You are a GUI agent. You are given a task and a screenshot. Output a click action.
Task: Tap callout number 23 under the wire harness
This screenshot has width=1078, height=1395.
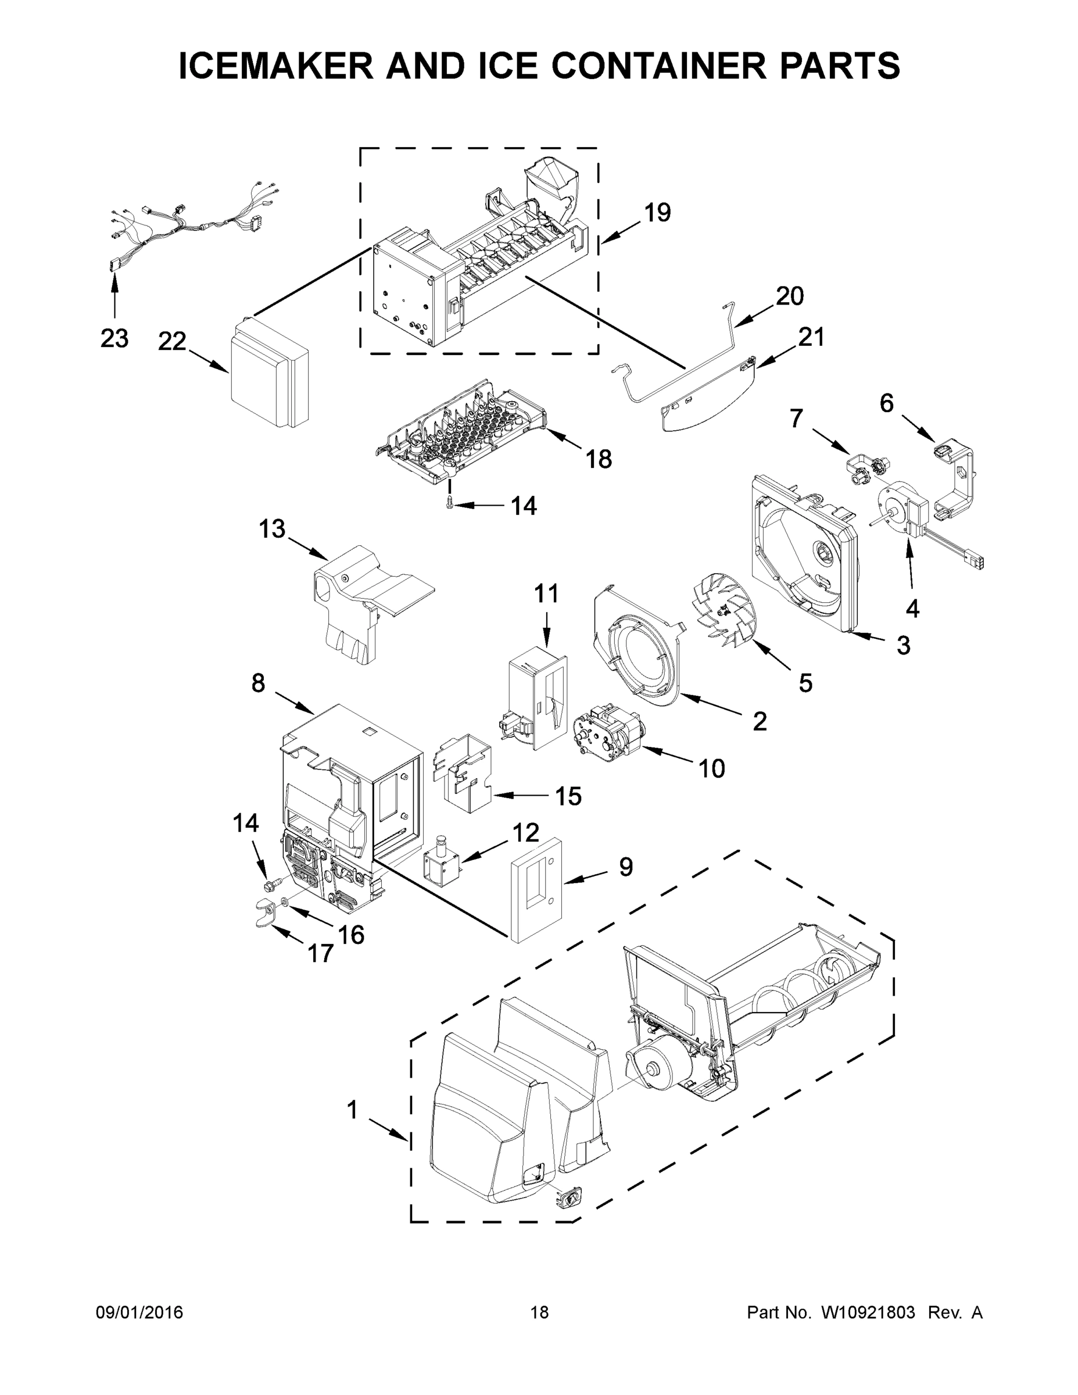click(114, 338)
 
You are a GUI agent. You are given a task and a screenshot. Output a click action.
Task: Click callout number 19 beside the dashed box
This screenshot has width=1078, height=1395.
click(657, 213)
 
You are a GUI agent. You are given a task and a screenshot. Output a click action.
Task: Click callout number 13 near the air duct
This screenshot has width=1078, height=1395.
click(272, 529)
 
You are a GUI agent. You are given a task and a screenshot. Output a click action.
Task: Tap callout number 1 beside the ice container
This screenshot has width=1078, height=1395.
click(352, 1110)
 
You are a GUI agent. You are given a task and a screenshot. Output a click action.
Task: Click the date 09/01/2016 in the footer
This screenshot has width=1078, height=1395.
click(139, 1312)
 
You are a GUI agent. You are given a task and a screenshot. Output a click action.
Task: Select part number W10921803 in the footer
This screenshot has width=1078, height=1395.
click(867, 1312)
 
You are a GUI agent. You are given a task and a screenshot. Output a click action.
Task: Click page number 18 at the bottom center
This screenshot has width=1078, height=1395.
click(539, 1312)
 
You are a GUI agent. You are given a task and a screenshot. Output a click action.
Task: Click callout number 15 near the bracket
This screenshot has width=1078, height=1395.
click(568, 796)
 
